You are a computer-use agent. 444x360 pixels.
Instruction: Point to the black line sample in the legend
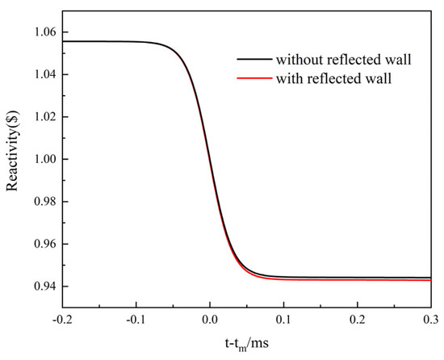[x=253, y=59]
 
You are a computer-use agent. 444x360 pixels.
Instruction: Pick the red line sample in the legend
[x=253, y=77]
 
